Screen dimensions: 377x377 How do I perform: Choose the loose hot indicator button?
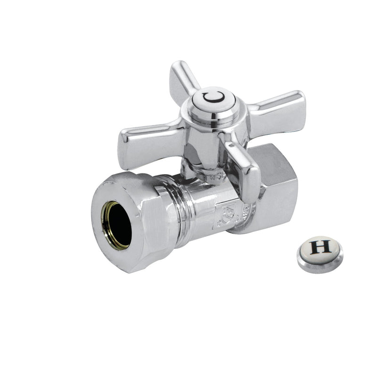coord(320,250)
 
